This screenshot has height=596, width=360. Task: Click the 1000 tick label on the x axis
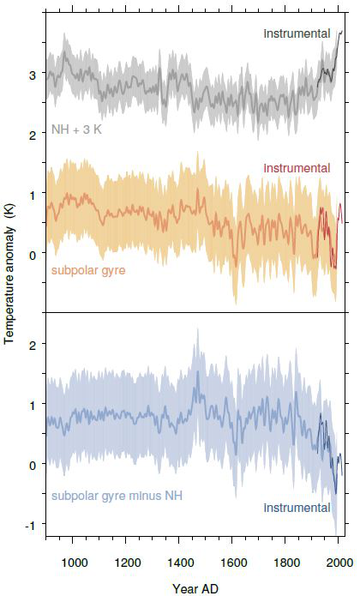(x=74, y=563)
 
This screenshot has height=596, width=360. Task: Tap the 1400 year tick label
(x=180, y=563)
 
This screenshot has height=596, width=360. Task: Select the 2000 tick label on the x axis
(x=339, y=563)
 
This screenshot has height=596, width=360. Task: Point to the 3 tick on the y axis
(x=33, y=75)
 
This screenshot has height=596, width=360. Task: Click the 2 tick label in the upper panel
(x=33, y=135)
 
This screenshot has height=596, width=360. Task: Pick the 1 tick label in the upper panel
(x=33, y=195)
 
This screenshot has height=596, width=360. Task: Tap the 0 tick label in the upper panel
(x=33, y=255)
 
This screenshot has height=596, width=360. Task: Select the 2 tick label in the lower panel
(x=33, y=346)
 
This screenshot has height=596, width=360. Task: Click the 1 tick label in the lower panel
(x=33, y=406)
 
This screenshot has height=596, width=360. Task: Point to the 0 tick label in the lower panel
(x=33, y=466)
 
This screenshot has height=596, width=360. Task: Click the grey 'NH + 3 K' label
(x=76, y=129)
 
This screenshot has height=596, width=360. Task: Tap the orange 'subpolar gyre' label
(x=88, y=271)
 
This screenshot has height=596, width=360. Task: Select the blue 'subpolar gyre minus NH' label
(x=117, y=496)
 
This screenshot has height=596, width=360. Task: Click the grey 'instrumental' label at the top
(x=297, y=33)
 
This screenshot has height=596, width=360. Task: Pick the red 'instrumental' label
(x=297, y=168)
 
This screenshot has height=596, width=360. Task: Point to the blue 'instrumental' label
(x=297, y=508)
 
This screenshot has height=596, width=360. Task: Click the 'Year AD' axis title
(x=195, y=589)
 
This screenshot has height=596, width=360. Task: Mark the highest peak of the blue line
(x=198, y=371)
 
